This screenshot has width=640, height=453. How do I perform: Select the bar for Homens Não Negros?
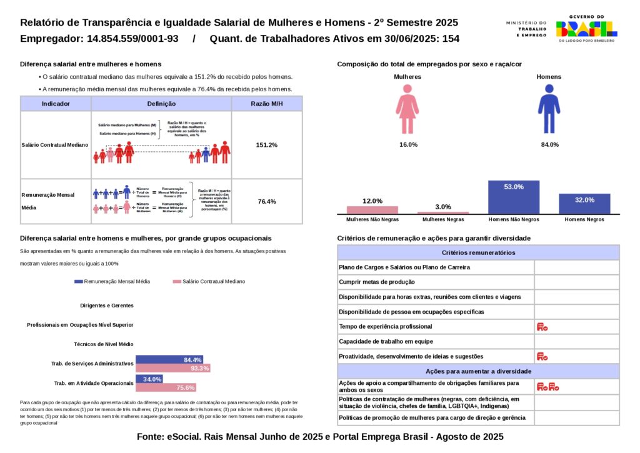click(x=513, y=197)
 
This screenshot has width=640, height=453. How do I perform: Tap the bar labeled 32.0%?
click(x=584, y=204)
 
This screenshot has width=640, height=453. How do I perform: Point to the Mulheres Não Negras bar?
click(x=372, y=210)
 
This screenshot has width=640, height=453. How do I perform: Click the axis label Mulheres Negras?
click(x=443, y=220)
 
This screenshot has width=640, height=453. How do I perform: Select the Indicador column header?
click(x=56, y=104)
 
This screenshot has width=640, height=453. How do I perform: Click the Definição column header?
click(x=161, y=104)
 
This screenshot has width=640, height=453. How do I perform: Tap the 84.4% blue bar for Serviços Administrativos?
click(x=169, y=360)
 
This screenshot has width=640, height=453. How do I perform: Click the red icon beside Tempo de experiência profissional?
click(x=542, y=327)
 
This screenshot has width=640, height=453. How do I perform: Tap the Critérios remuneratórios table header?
click(x=478, y=252)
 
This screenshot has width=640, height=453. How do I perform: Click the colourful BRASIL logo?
click(x=586, y=29)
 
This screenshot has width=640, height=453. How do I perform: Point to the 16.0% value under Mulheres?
click(x=407, y=144)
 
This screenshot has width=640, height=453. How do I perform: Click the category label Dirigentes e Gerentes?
click(x=107, y=306)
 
